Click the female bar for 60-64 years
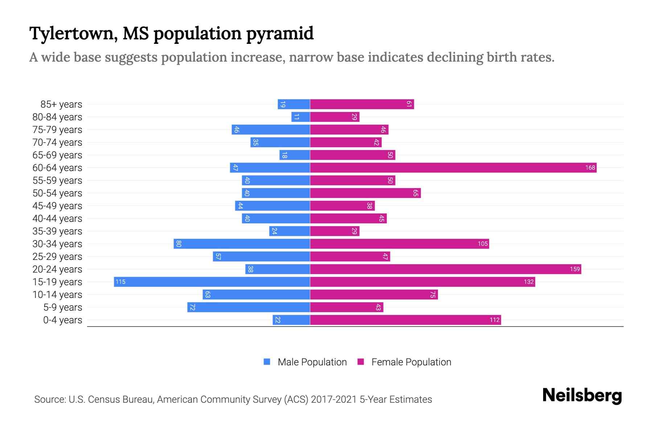[x=453, y=168]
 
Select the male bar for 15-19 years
[x=212, y=282]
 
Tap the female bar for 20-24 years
[x=445, y=269]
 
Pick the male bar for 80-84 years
[x=301, y=117]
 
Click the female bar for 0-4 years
[x=405, y=320]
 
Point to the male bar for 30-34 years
[x=242, y=244]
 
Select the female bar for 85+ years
[x=362, y=104]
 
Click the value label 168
[x=590, y=168]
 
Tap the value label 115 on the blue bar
[x=120, y=282]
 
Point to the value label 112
[x=494, y=320]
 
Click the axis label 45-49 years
[x=57, y=206]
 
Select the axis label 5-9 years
[x=63, y=307]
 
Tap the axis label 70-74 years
[x=57, y=142]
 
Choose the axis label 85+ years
[x=61, y=104]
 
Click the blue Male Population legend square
[x=267, y=362]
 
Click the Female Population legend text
[x=411, y=362]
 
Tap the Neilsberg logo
[x=582, y=395]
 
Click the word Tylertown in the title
[x=73, y=34]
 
